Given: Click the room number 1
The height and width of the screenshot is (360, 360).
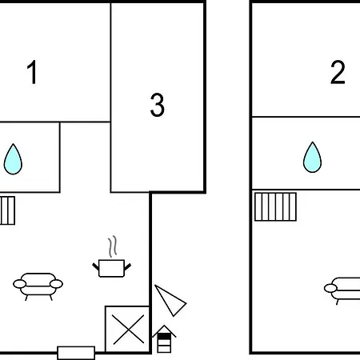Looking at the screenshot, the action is [32, 72].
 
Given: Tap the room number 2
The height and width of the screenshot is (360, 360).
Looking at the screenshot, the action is [338, 72].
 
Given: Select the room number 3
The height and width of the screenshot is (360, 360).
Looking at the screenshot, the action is [158, 105].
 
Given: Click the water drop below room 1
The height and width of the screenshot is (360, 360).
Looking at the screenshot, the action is [13, 159].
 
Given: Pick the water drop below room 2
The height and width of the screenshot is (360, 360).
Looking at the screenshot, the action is [312, 158].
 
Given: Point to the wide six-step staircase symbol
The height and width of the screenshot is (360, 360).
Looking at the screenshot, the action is [275, 207].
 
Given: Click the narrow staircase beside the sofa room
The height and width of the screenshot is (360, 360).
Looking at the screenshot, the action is [7, 210].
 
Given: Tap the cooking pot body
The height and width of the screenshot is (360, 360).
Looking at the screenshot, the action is [111, 268].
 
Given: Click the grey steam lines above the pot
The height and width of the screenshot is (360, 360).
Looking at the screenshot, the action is [113, 246].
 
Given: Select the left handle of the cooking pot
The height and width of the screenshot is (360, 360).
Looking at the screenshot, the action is [95, 266].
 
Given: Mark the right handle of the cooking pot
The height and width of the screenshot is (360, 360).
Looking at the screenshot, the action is [128, 266].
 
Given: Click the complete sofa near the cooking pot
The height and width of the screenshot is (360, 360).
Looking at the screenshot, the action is [38, 286].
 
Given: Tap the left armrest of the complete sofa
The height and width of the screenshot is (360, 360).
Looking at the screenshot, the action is [20, 284].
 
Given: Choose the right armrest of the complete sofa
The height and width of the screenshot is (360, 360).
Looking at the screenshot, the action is [56, 284].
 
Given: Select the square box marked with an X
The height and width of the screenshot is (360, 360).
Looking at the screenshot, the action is [128, 330].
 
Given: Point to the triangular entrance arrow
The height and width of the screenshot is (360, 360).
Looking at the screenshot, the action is [170, 301].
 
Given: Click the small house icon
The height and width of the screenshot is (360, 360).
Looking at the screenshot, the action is [164, 339].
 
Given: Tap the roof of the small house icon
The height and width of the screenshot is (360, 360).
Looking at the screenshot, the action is [164, 331].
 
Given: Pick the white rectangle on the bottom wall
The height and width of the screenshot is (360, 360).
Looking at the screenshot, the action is [76, 353].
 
